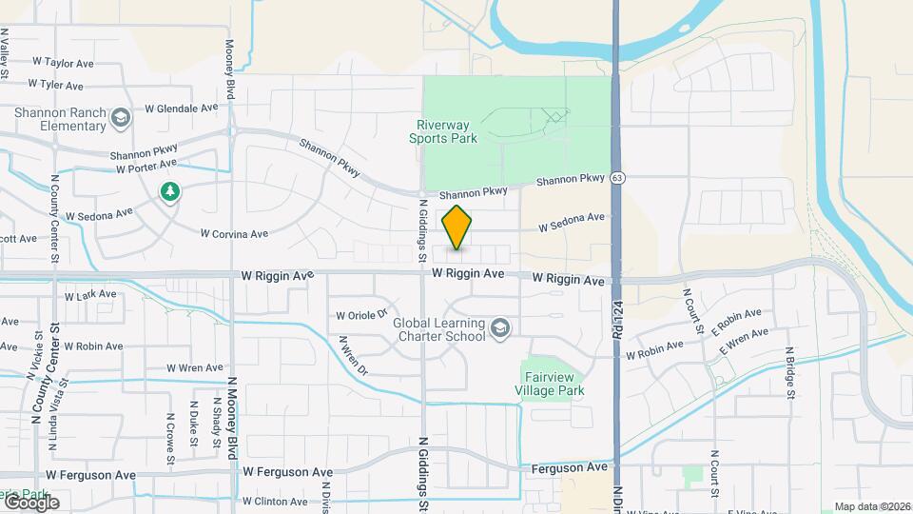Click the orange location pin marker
(456, 227)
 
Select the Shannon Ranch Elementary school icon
(120, 118)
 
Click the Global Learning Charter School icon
(499, 329)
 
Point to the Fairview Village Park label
(550, 384)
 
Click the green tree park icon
(170, 192)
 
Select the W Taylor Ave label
(63, 63)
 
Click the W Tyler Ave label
(62, 85)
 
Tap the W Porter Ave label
(147, 168)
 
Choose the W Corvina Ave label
(234, 232)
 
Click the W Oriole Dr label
(362, 315)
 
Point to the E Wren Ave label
(744, 344)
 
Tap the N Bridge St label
(789, 374)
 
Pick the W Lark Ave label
(89, 295)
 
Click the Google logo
(30, 502)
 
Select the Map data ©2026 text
(872, 506)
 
